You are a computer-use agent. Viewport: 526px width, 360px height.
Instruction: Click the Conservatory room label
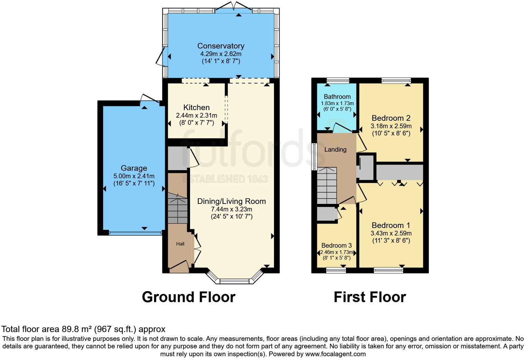[x=221, y=46]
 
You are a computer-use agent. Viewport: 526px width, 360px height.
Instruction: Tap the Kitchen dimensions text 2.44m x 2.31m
[x=197, y=115]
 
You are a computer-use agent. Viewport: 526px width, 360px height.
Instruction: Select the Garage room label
[x=134, y=168]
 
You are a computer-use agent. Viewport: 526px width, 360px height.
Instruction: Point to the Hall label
[x=180, y=244]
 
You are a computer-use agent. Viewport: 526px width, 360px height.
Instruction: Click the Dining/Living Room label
[x=232, y=201]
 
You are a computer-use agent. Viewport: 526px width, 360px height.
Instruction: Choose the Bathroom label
[x=337, y=97]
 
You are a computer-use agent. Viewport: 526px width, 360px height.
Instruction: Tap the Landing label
[x=335, y=149]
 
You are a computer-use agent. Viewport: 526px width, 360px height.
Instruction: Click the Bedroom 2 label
[x=391, y=118]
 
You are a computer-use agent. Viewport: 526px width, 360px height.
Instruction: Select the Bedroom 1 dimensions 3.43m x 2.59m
[x=391, y=233]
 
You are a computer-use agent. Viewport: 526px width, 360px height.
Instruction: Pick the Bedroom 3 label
[x=336, y=245]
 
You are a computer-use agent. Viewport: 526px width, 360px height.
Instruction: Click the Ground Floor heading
[x=189, y=297]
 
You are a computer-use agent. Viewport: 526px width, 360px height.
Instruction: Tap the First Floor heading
[x=370, y=297]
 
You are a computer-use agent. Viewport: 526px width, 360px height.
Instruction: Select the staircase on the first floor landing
[x=327, y=186]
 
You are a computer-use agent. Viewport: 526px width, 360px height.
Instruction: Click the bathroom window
[x=338, y=81]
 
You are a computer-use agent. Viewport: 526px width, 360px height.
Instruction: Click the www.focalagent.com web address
[x=335, y=354]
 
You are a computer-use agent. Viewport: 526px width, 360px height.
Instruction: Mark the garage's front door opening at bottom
[x=136, y=233]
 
